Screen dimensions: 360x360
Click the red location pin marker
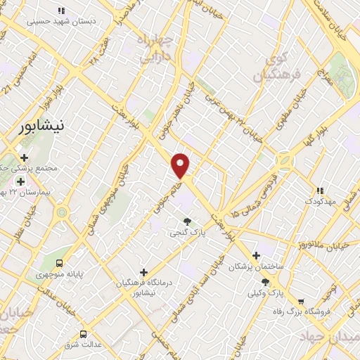pyautogui.click(x=181, y=165)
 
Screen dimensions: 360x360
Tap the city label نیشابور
pyautogui.click(x=39, y=127)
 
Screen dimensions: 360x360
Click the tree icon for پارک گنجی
pyautogui.click(x=186, y=222)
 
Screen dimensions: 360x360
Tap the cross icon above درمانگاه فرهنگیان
pyautogui.click(x=144, y=271)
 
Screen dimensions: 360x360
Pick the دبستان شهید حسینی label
pyautogui.click(x=62, y=21)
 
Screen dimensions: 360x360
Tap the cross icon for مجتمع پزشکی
pyautogui.click(x=25, y=159)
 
